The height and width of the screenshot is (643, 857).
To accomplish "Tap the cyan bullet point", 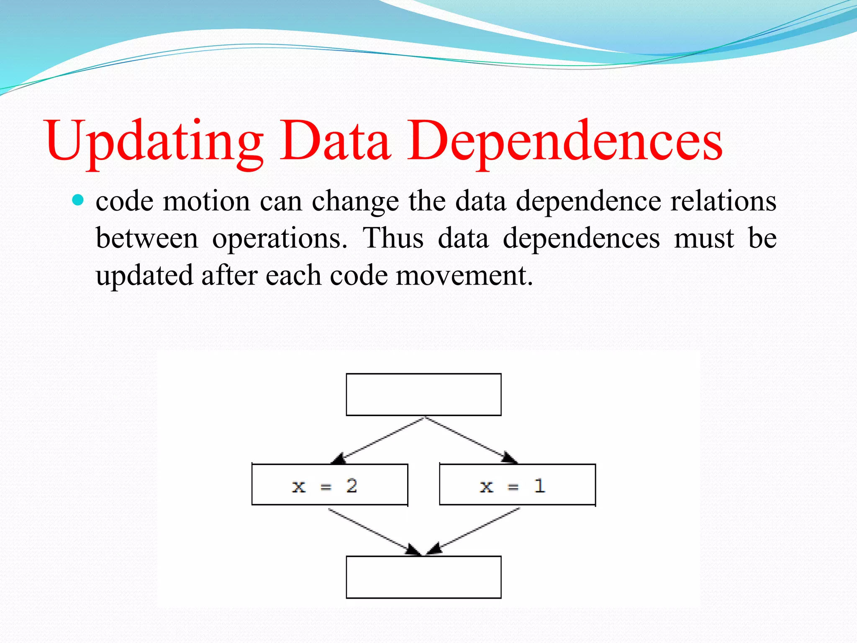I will point(78,200).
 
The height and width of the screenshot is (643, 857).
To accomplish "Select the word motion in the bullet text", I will point(206,201).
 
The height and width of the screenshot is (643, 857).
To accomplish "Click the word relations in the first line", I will point(723,201).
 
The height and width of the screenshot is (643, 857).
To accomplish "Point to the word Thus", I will point(393,238).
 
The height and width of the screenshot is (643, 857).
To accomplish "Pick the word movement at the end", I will point(464,276).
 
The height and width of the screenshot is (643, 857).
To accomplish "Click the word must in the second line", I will point(704,238).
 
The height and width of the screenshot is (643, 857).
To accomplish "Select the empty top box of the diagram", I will point(423,394).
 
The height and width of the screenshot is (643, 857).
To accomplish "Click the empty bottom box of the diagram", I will point(423,577).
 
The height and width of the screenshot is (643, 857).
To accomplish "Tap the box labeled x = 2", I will point(330,485).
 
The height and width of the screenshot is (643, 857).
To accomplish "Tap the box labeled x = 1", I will point(517,485).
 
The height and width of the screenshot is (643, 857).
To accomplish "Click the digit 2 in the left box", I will point(352,486).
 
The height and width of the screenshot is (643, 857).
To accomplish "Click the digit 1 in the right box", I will point(540,486).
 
